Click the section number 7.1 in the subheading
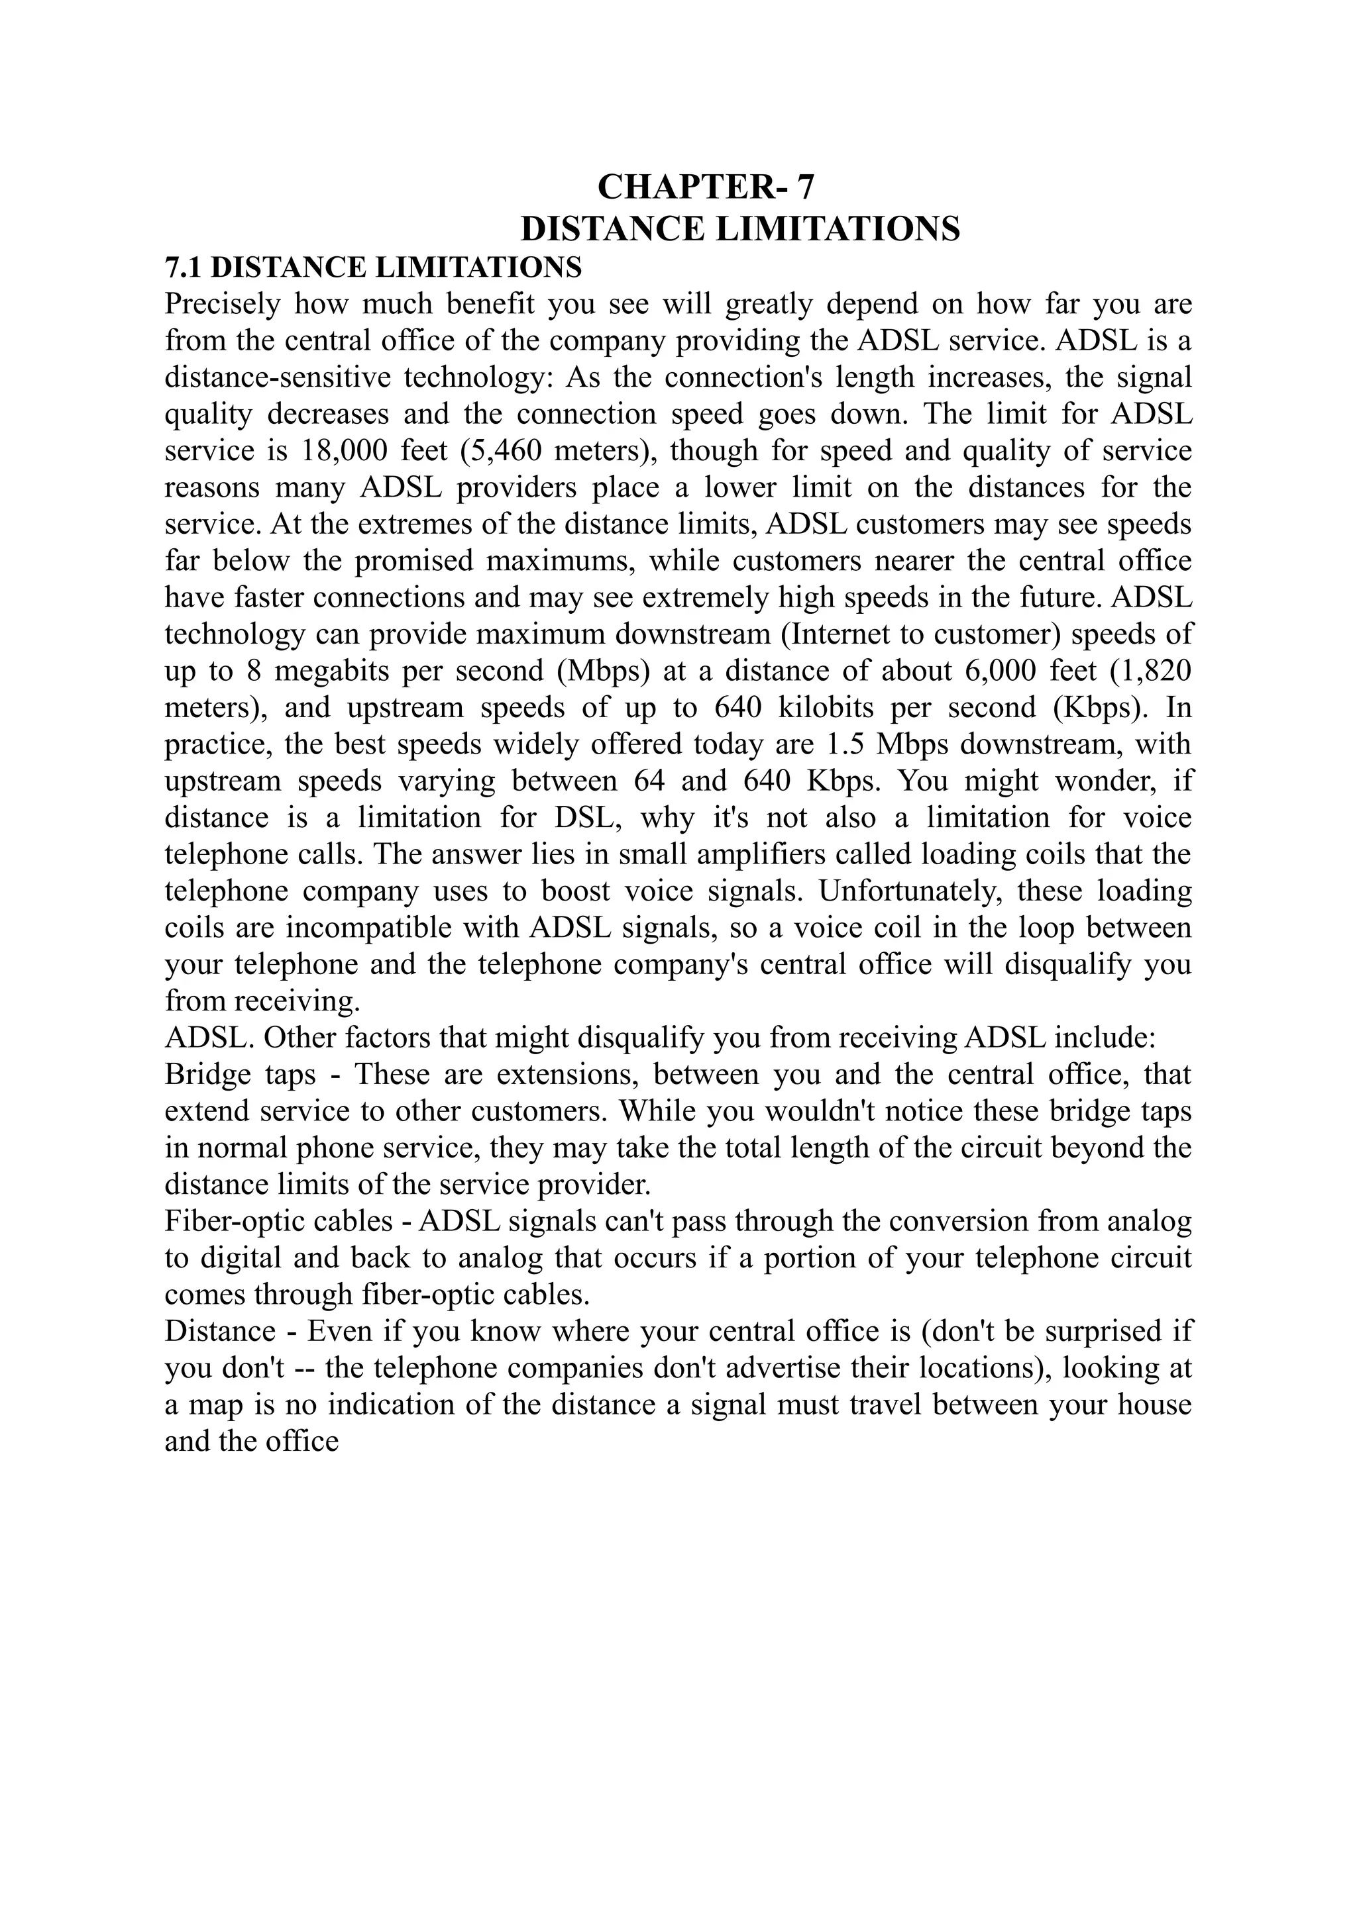(184, 268)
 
